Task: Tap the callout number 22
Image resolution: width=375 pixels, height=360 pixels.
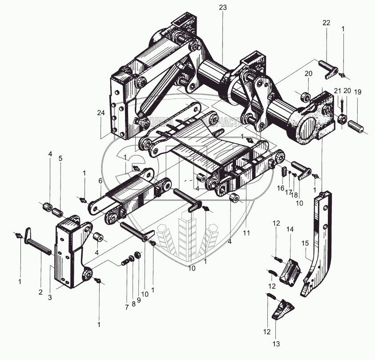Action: point(327,23)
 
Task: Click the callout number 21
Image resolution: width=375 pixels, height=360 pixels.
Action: point(337,92)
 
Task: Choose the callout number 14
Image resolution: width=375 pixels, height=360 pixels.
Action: point(290,229)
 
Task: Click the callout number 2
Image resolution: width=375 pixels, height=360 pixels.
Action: point(40,292)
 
